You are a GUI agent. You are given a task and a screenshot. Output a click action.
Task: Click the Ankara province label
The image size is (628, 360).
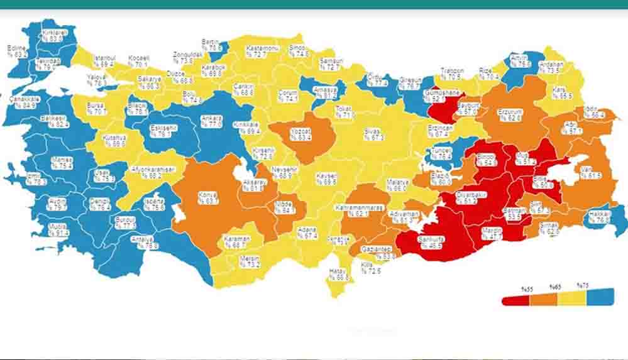coord(211,121)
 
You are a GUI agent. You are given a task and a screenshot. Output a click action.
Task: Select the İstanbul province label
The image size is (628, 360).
coord(104,61)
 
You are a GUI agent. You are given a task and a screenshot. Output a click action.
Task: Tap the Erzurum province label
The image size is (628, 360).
coord(510,114)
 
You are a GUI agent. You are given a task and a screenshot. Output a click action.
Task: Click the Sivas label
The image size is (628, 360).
coord(373,134)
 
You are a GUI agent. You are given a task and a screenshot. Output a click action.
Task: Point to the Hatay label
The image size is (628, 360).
coord(338,274)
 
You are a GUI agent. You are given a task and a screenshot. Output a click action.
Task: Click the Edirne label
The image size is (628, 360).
coord(17,51)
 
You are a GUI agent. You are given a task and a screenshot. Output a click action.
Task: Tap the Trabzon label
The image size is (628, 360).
coord(451,74)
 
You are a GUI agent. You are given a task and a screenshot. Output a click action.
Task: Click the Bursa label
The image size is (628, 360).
coord(97,109)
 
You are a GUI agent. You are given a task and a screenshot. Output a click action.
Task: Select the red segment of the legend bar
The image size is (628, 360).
coord(515,300)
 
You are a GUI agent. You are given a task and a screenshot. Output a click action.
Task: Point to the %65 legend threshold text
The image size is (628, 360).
coord(554,287)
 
